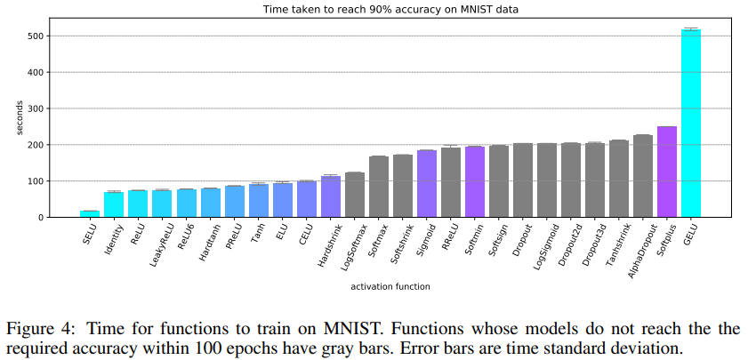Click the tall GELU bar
pyautogui.click(x=691, y=124)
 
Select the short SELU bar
pyautogui.click(x=89, y=213)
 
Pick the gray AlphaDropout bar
pyautogui.click(x=642, y=177)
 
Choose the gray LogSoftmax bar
pyautogui.click(x=354, y=195)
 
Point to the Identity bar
pyautogui.click(x=113, y=204)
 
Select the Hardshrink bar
pyautogui.click(x=330, y=197)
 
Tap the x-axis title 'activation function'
pyautogui.click(x=390, y=286)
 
